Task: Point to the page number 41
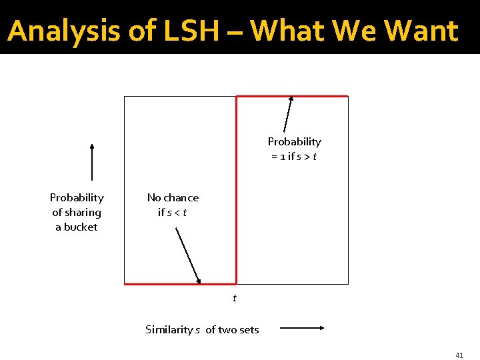[459, 355]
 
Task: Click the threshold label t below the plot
[234, 298]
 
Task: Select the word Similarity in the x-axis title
[169, 329]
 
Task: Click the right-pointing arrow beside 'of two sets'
[301, 328]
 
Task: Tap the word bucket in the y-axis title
[81, 227]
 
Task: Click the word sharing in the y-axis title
[84, 212]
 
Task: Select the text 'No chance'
[173, 197]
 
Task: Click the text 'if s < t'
[172, 212]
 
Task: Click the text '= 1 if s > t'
[293, 156]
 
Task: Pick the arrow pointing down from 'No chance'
[188, 255]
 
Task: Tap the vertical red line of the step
[237, 190]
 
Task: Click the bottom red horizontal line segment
[180, 284]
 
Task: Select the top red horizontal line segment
[292, 97]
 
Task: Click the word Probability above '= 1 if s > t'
[294, 141]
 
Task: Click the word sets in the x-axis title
[248, 329]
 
